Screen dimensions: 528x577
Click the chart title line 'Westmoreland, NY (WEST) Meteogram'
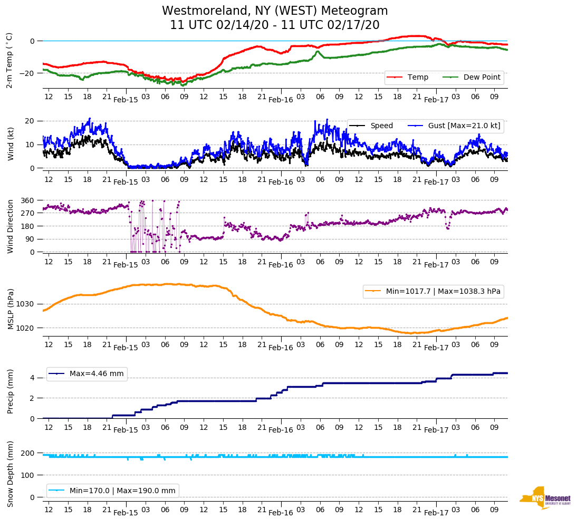(275, 11)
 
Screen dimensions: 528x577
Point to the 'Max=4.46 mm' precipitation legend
(97, 373)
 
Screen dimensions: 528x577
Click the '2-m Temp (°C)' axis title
(9, 60)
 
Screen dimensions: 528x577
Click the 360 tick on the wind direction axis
(28, 200)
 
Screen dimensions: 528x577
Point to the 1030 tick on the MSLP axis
(25, 304)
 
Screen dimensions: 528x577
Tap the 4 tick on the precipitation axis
(32, 378)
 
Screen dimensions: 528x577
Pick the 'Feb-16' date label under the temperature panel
(281, 100)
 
